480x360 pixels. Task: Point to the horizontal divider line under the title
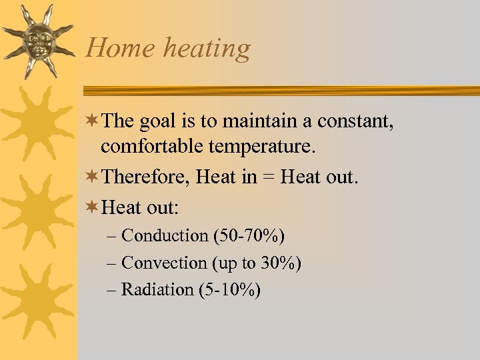click(x=280, y=90)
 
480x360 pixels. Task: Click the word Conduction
click(x=165, y=235)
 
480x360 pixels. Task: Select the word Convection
click(x=165, y=263)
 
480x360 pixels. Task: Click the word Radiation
click(x=157, y=289)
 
